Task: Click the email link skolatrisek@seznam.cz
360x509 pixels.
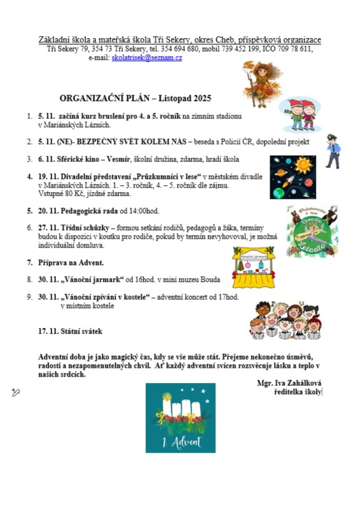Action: [147, 58]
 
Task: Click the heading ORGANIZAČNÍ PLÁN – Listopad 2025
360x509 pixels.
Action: [135, 99]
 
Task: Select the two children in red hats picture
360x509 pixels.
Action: [303, 115]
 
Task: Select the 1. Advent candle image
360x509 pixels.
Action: [180, 417]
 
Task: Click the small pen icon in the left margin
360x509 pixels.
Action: [16, 393]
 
